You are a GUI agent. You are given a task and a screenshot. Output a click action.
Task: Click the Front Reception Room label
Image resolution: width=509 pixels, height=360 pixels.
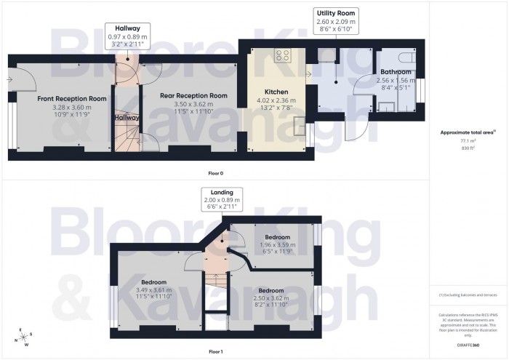(x=62, y=97)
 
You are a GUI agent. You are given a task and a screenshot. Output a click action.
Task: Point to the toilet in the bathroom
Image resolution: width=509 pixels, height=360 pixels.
(x=406, y=57)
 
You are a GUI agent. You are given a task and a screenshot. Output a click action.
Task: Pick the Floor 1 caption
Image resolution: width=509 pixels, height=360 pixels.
(x=216, y=351)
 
